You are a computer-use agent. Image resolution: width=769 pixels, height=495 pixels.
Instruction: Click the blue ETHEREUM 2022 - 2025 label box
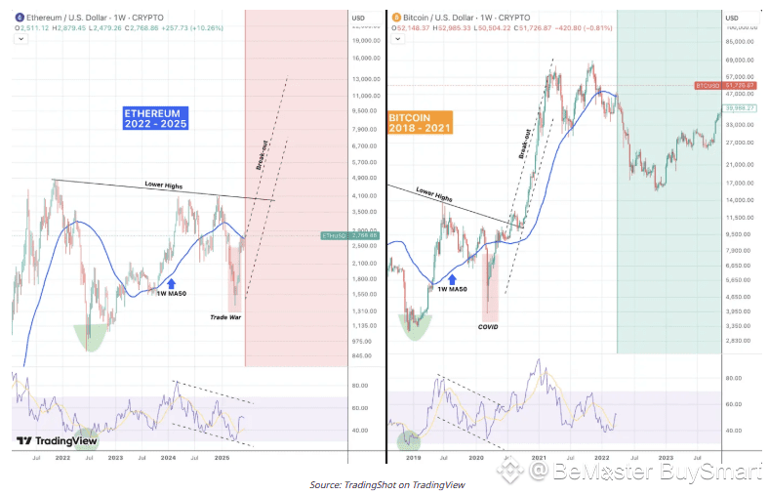pos(155,118)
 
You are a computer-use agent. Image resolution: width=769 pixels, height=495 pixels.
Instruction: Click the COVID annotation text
pos(487,327)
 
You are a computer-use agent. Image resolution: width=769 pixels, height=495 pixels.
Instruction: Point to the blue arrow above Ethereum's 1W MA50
pos(172,282)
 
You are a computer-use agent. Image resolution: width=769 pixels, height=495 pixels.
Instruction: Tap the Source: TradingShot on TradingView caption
pos(387,484)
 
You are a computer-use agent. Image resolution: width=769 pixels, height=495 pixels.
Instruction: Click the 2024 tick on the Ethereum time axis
pos(169,457)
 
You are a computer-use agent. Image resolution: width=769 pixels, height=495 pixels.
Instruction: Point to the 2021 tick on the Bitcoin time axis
pos(537,457)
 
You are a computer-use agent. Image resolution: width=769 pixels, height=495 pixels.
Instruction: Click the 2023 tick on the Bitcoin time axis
pos(666,457)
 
